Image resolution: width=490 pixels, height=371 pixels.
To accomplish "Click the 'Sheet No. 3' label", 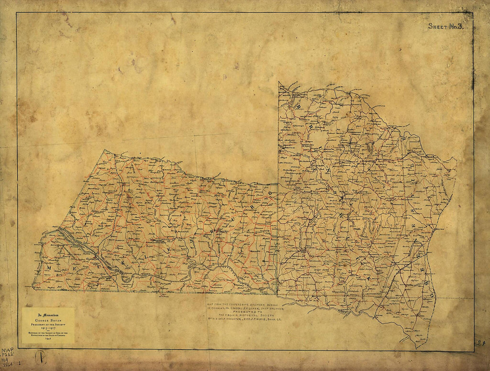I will [x=446, y=26].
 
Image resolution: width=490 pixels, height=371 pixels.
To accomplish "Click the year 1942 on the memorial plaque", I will [x=48, y=339].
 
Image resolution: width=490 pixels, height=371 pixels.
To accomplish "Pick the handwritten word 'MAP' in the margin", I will [x=8, y=351].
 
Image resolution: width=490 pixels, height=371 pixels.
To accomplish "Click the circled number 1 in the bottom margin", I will [x=41, y=357].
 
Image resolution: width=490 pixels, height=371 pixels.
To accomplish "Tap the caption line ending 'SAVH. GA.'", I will [x=251, y=319].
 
